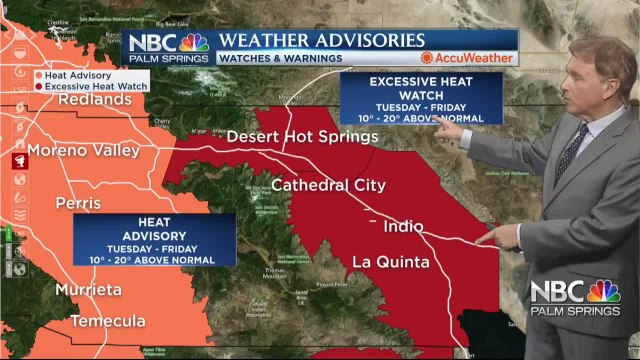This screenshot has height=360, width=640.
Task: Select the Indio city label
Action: click(x=402, y=226)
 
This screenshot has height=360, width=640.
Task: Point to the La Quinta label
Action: click(x=390, y=263)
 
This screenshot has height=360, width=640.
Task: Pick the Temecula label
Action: click(x=107, y=321)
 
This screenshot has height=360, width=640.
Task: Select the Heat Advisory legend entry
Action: click(x=80, y=74)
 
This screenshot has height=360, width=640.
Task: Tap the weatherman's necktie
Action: click(x=573, y=149)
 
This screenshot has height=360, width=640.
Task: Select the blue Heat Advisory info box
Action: click(x=154, y=240)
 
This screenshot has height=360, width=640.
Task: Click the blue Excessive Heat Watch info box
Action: click(x=421, y=98)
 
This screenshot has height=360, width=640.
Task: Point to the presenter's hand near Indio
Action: click(x=500, y=236)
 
